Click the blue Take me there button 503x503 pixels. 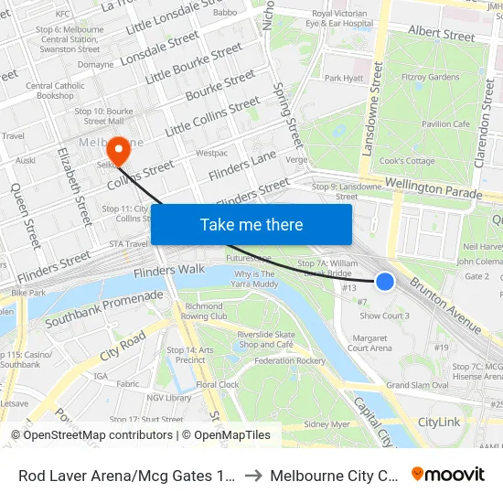pyautogui.click(x=251, y=225)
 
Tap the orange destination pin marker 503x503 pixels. pyautogui.click(x=118, y=150)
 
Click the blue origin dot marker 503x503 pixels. pyautogui.click(x=385, y=282)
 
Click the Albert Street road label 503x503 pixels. pyautogui.click(x=442, y=35)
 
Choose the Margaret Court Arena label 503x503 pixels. pyautogui.click(x=370, y=342)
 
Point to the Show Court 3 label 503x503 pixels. pyautogui.click(x=384, y=316)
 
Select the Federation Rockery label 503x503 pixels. pyautogui.click(x=290, y=360)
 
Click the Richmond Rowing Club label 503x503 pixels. pyautogui.click(x=205, y=311)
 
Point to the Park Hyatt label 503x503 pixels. pyautogui.click(x=344, y=79)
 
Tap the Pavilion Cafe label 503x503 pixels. pyautogui.click(x=445, y=123)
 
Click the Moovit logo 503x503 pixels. pyautogui.click(x=448, y=474)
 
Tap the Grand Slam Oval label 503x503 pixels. pyautogui.click(x=416, y=385)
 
